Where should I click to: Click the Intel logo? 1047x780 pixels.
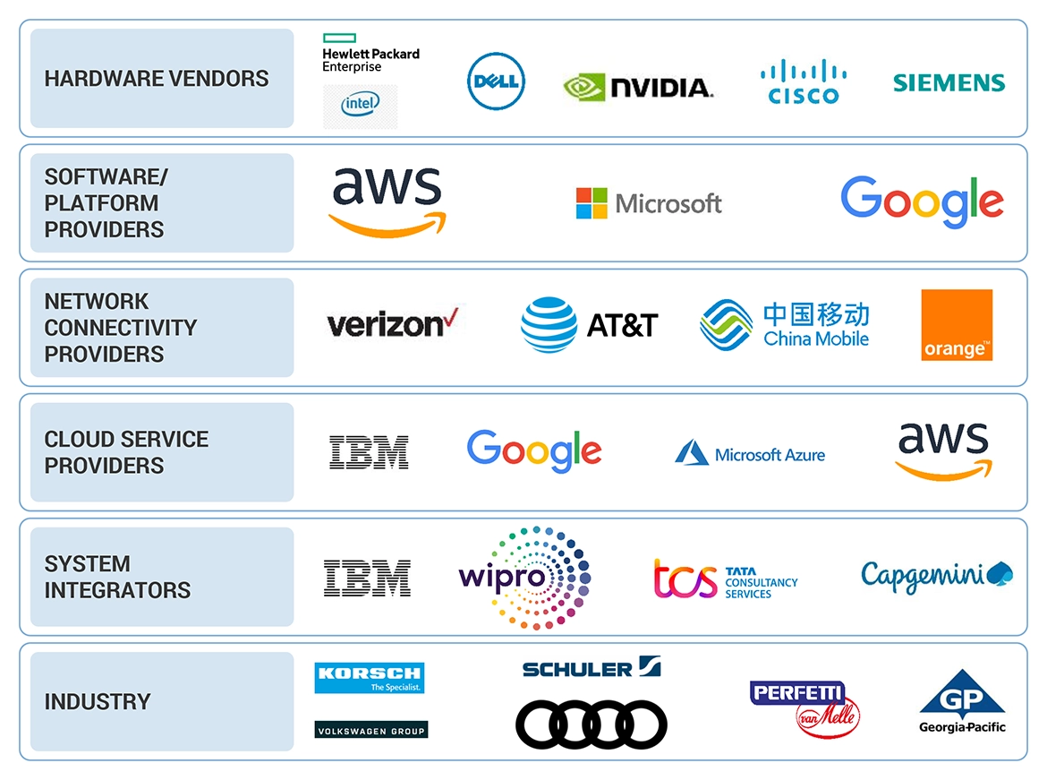[x=360, y=106]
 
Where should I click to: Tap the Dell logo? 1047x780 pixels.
[x=496, y=82]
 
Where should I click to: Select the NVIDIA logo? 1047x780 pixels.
[x=637, y=86]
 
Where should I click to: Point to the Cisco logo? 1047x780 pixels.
[x=804, y=82]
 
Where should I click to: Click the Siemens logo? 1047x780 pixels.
[x=949, y=82]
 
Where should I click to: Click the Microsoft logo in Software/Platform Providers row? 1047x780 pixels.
[x=649, y=203]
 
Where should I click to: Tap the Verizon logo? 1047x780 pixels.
[x=392, y=323]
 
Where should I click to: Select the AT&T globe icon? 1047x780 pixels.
[x=549, y=324]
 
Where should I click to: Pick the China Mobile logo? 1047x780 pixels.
[x=785, y=324]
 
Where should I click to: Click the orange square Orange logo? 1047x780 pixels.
[x=957, y=325]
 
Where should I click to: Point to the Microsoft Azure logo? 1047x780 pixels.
[x=750, y=453]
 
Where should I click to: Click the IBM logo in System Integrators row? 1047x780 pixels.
[x=367, y=578]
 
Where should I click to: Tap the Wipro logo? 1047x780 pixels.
[x=524, y=578]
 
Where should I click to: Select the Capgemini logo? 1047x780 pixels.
[x=936, y=576]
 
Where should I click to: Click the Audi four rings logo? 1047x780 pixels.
[x=592, y=724]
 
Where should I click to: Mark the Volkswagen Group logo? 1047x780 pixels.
[x=371, y=730]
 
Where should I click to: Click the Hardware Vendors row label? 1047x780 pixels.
[x=157, y=79]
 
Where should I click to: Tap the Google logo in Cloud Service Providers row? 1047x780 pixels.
[x=534, y=451]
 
